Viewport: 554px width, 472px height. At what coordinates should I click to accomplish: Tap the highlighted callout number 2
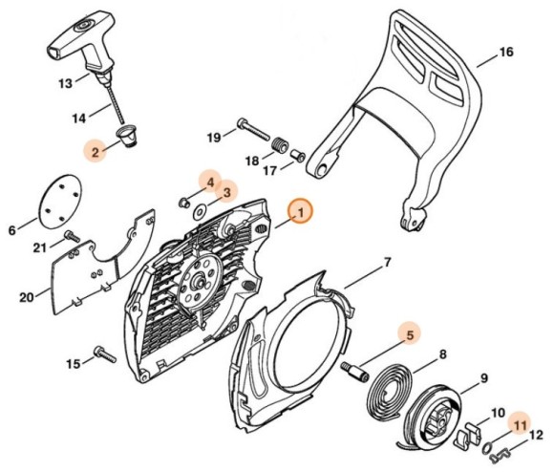click(x=94, y=149)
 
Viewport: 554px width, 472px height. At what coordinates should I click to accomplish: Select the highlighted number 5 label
click(x=408, y=334)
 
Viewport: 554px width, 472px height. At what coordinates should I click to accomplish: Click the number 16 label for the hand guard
click(x=505, y=52)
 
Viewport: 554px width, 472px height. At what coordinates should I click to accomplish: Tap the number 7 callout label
click(x=387, y=262)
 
